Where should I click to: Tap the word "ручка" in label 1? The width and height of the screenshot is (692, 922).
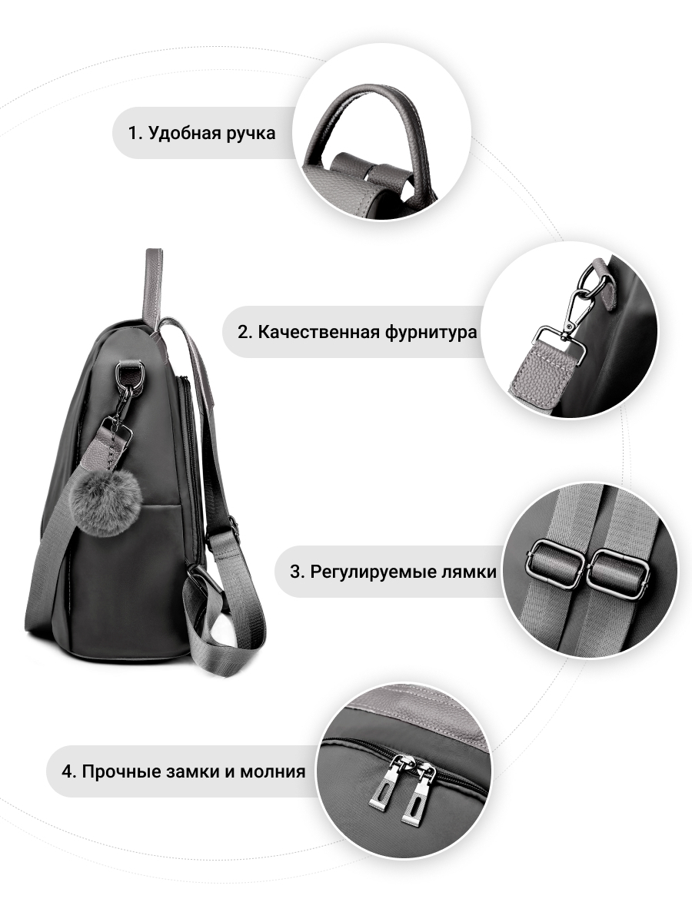pyautogui.click(x=251, y=134)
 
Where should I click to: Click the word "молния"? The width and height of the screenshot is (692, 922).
pyautogui.click(x=273, y=772)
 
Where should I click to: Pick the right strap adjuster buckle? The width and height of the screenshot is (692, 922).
pyautogui.click(x=617, y=570)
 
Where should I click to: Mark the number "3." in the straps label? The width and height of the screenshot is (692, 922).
pyautogui.click(x=297, y=572)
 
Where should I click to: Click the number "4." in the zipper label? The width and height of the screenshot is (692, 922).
pyautogui.click(x=69, y=771)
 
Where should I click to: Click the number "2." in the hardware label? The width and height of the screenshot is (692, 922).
pyautogui.click(x=245, y=332)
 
